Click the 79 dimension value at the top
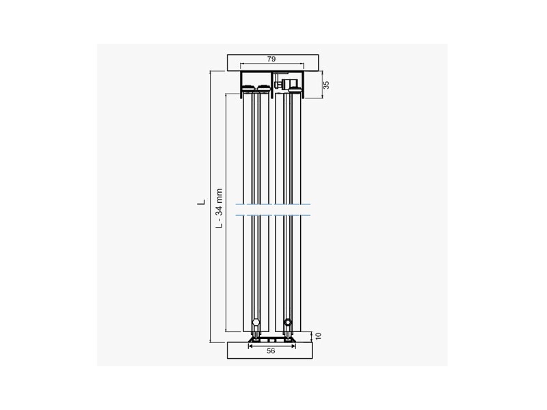pyautogui.click(x=271, y=59)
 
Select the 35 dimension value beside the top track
pyautogui.click(x=326, y=85)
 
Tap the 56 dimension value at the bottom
pyautogui.click(x=271, y=351)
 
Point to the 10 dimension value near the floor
pyautogui.click(x=318, y=336)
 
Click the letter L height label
pyautogui.click(x=202, y=202)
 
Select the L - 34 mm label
pyautogui.click(x=219, y=208)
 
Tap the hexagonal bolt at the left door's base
pyautogui.click(x=256, y=322)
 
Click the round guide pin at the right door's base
pyautogui.click(x=287, y=322)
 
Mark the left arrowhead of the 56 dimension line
pyautogui.click(x=250, y=346)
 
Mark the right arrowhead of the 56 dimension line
pyautogui.click(x=293, y=346)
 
